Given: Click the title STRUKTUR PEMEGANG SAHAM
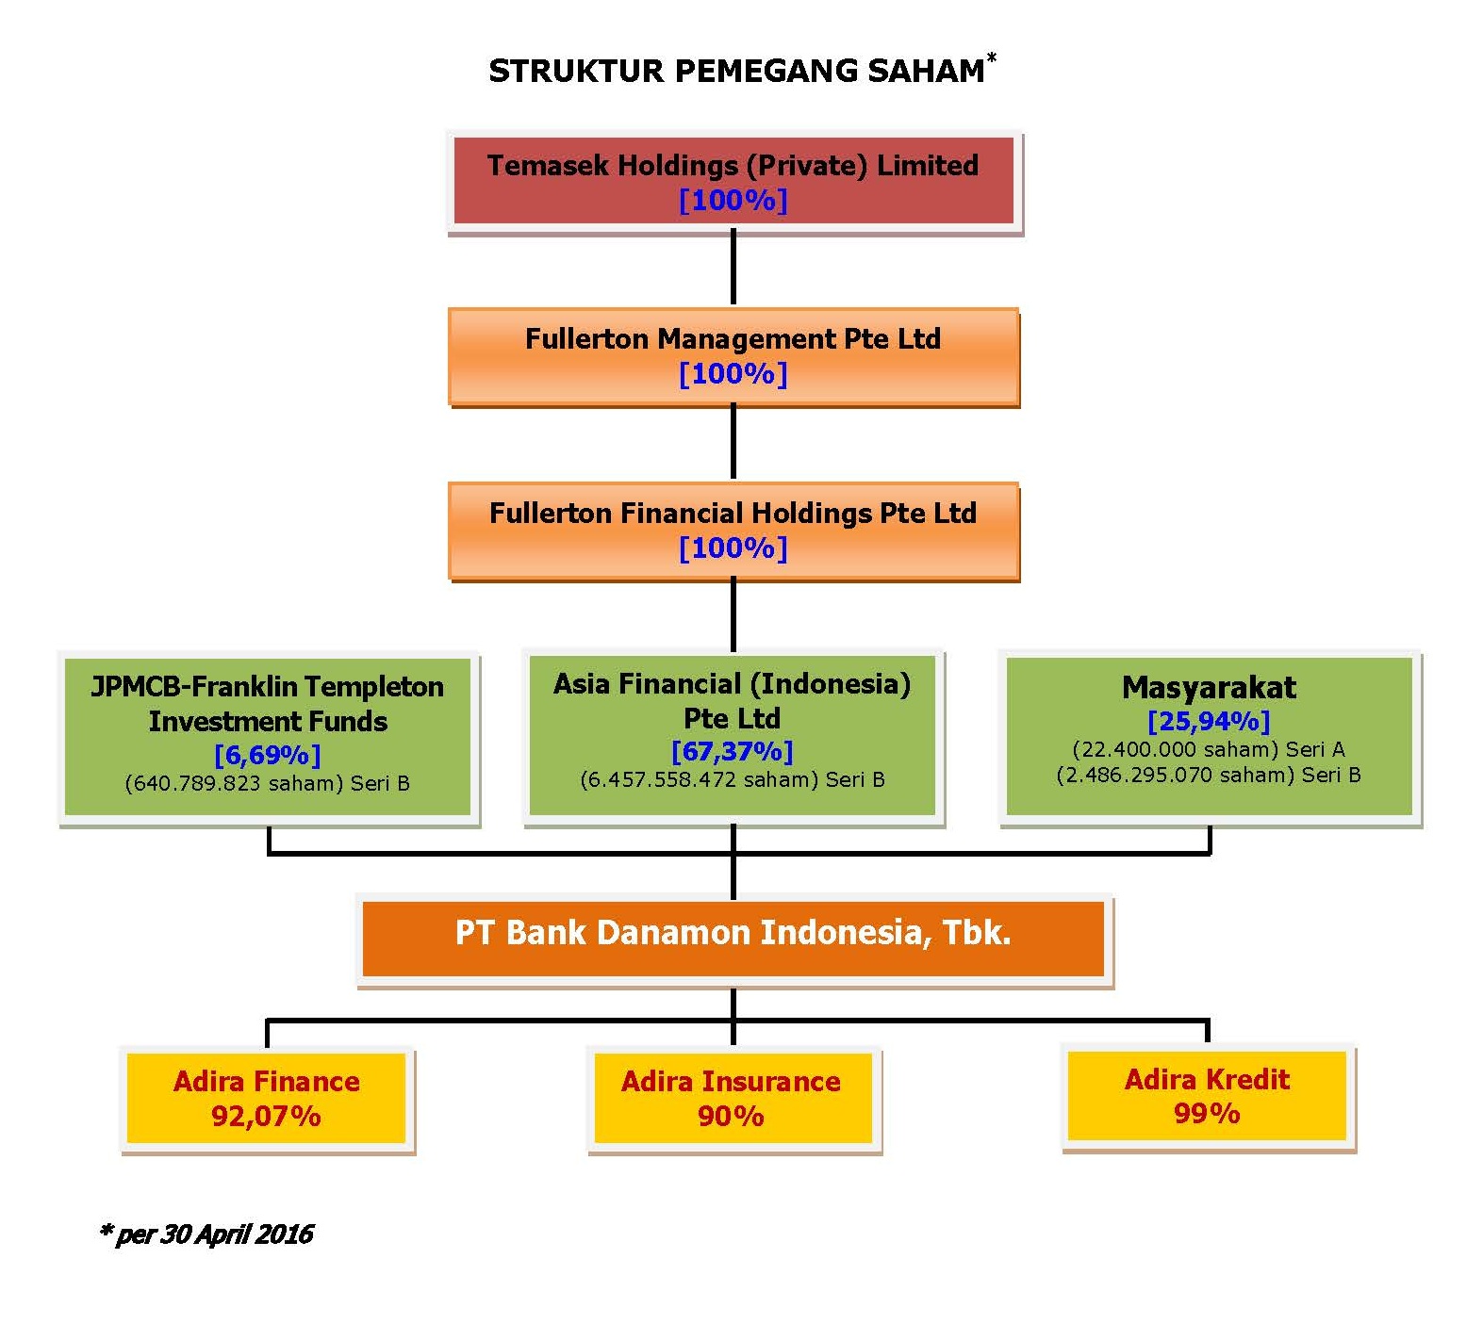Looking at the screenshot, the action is coord(736,71).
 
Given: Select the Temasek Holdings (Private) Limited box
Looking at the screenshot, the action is coord(734,181).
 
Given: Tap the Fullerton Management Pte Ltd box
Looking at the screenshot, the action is coord(733,356).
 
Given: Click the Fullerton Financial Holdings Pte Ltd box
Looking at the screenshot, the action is coord(733,531).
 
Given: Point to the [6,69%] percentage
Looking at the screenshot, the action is coord(268,755).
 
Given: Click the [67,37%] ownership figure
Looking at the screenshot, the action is coord(733,751).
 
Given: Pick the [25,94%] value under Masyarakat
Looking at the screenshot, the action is coord(1209,721).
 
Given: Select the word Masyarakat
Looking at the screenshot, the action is coord(1209,687).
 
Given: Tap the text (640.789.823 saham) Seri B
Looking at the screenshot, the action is coord(268,783).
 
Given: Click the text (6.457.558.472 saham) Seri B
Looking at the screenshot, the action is coord(733,779).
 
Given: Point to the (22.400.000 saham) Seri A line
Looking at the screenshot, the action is coord(1209,749).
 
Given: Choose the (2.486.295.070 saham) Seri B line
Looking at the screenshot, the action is coord(1209,775).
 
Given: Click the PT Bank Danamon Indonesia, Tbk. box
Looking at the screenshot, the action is coord(733,939).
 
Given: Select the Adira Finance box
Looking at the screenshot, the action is coord(267,1098).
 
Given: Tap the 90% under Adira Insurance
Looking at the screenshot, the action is coord(731,1116).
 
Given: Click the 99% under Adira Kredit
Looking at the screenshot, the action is coord(1207,1113).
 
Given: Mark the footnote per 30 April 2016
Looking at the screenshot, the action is coord(206,1234).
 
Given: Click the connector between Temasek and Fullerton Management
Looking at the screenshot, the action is coord(733,268).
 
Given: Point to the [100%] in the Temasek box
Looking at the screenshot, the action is coord(733,200).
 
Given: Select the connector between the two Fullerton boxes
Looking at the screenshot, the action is coord(733,444).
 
